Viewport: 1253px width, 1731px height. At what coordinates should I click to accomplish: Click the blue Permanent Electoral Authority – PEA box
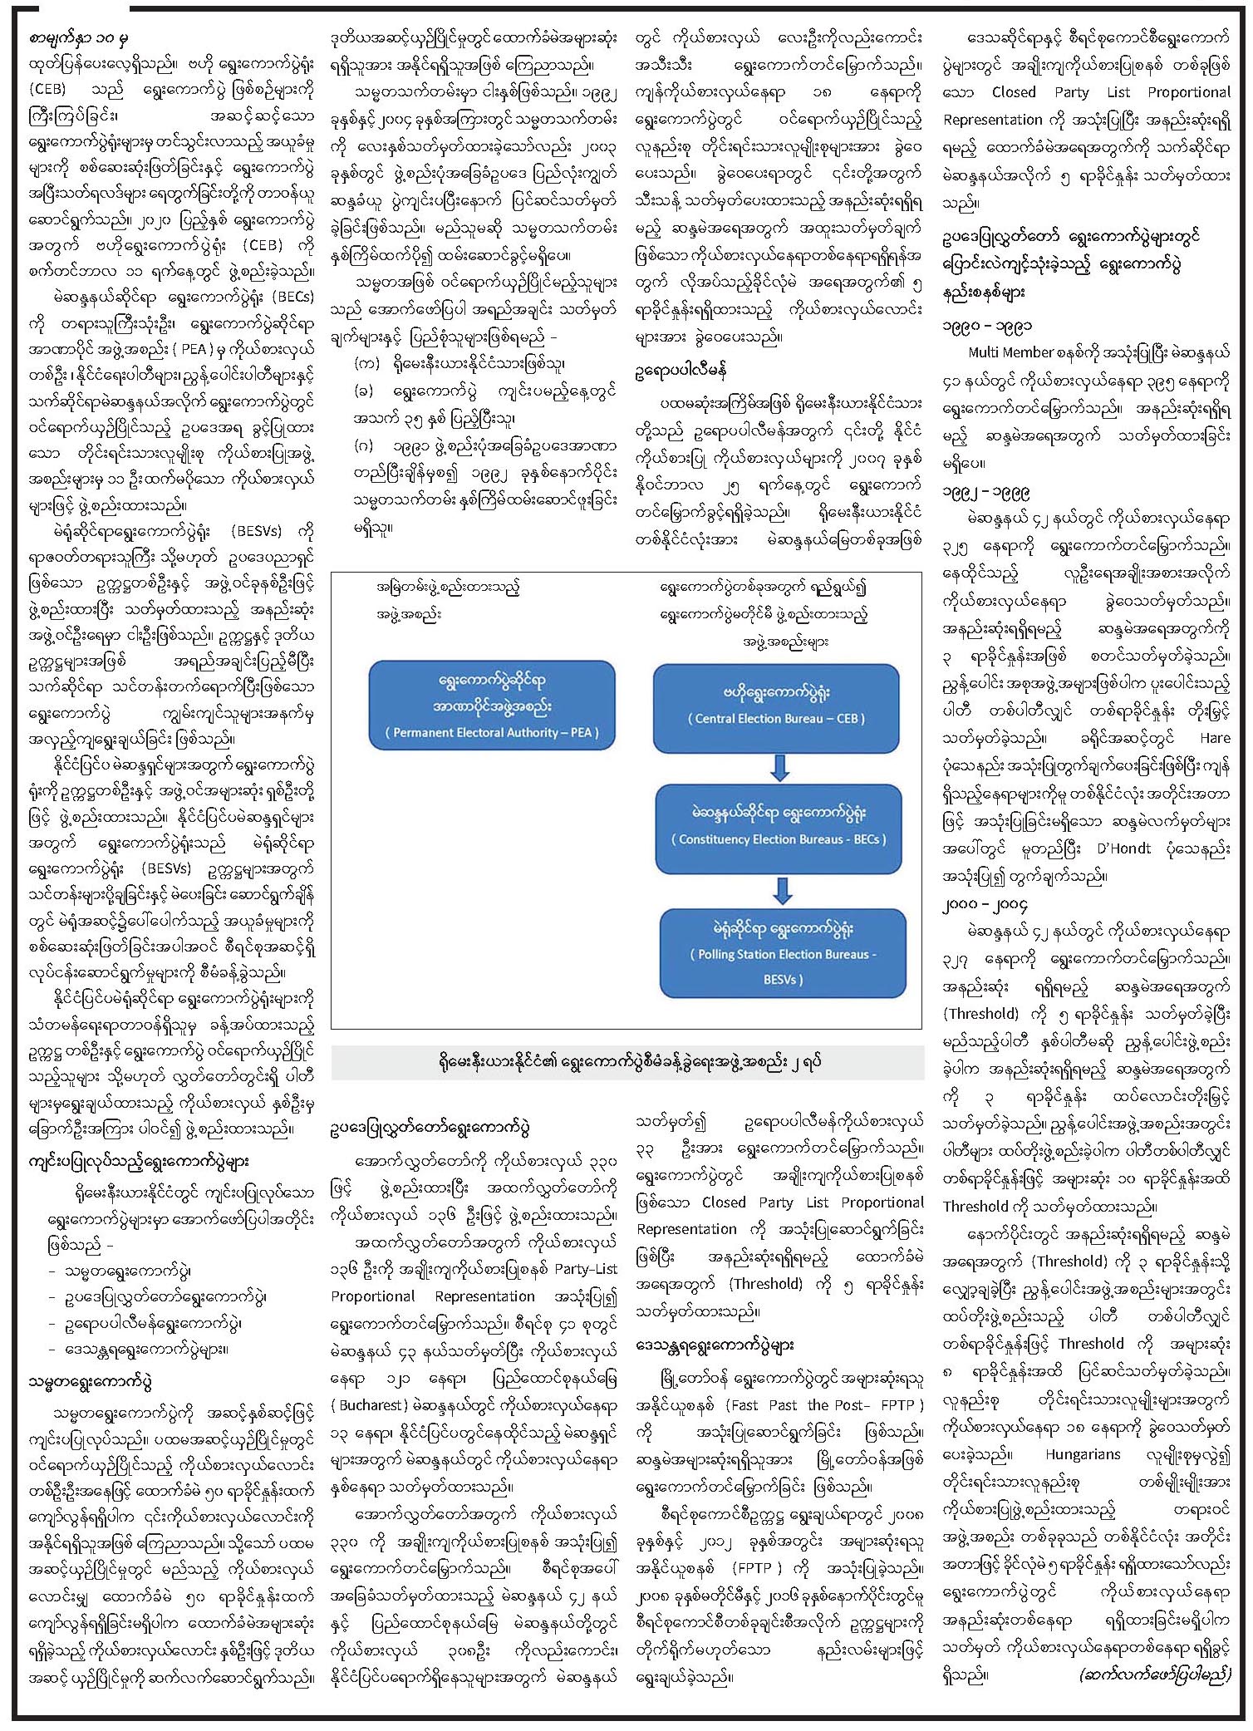tap(492, 706)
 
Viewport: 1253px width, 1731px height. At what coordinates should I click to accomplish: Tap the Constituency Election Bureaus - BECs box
tap(779, 828)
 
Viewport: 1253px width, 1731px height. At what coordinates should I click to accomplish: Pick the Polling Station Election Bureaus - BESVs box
tap(783, 953)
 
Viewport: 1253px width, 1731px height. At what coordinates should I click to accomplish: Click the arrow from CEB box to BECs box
tap(779, 768)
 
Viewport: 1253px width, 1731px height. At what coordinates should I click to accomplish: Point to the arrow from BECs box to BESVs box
tap(782, 890)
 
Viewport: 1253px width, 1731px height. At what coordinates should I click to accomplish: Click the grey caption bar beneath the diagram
tap(627, 1062)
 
